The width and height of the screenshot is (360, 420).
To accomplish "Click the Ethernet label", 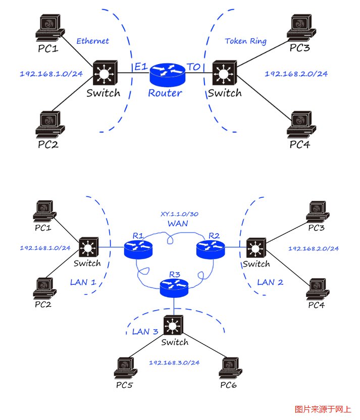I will pyautogui.click(x=92, y=41).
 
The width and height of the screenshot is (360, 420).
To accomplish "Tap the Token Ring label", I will pyautogui.click(x=245, y=41).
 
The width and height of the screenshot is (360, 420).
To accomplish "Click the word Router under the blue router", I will pyautogui.click(x=165, y=93).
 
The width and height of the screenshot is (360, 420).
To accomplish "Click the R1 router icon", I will pyautogui.click(x=138, y=247).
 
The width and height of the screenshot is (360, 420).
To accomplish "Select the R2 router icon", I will pyautogui.click(x=209, y=247).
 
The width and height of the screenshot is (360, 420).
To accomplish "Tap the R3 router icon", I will pyautogui.click(x=174, y=288).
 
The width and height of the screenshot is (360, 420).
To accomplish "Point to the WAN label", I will pyautogui.click(x=178, y=223).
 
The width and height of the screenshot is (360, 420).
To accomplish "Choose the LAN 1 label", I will pyautogui.click(x=83, y=282).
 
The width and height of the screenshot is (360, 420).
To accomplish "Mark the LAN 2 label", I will pyautogui.click(x=270, y=282).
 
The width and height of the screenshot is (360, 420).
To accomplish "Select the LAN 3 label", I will pyautogui.click(x=145, y=332).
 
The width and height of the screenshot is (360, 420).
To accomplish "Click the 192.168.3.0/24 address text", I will pyautogui.click(x=174, y=362).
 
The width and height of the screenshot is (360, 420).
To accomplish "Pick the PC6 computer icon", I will pyautogui.click(x=228, y=368).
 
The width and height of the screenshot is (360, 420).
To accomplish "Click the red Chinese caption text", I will pyautogui.click(x=323, y=409).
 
